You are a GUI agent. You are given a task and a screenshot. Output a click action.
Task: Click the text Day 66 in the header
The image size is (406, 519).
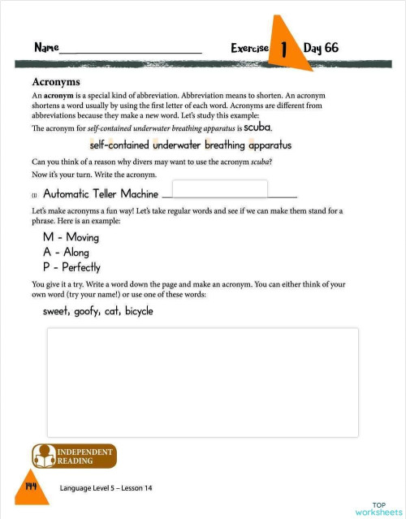[321, 48]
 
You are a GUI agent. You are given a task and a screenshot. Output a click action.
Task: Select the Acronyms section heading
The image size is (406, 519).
[55, 82]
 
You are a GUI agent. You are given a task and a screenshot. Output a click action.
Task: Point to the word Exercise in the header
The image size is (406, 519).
[249, 49]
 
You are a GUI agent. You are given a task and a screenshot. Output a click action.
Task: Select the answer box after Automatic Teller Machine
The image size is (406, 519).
[219, 189]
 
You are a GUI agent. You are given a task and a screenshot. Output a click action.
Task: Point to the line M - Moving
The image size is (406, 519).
[71, 238]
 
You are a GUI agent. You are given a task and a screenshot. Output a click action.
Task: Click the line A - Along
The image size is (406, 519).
[66, 253]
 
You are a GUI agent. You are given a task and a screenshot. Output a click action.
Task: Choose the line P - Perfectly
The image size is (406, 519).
[71, 267]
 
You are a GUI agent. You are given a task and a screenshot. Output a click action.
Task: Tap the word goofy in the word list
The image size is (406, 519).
[87, 311]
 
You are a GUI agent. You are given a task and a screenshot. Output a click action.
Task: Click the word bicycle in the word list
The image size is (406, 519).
[139, 311]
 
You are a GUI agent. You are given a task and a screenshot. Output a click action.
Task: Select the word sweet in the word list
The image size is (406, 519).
[56, 311]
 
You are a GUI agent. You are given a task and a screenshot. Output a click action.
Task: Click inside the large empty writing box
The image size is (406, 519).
[202, 381]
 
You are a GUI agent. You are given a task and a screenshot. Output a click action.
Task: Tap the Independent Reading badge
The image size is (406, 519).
[74, 456]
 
